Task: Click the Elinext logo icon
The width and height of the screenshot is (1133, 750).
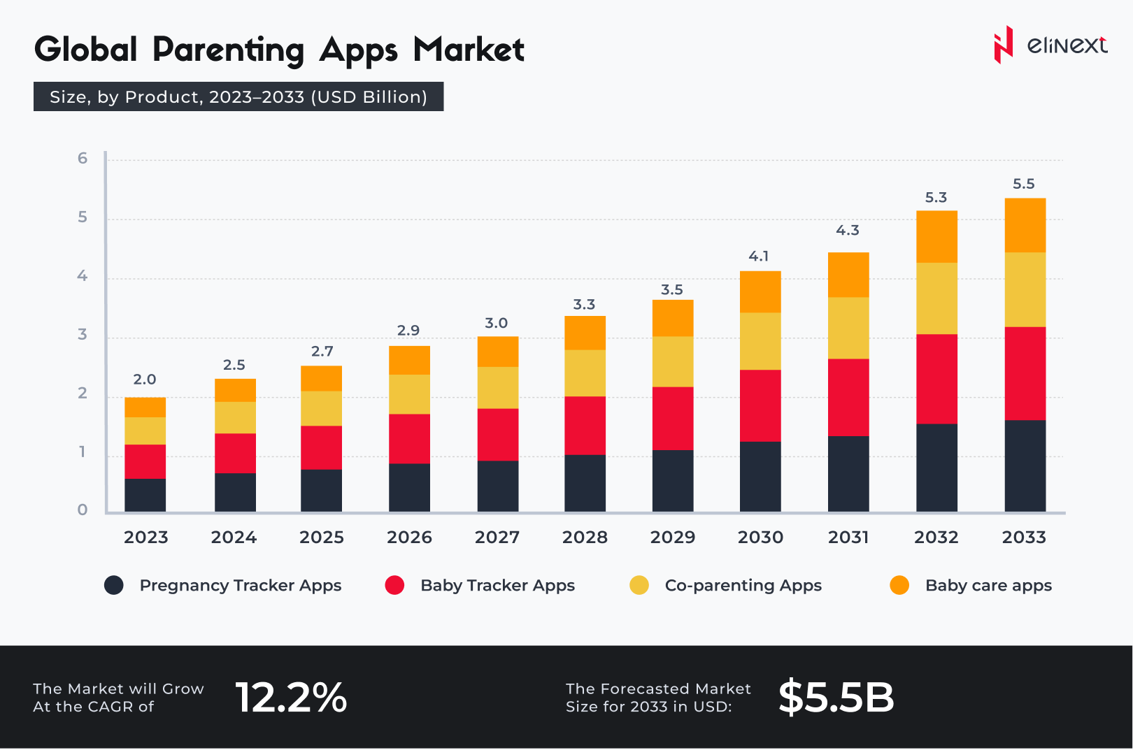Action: (1003, 45)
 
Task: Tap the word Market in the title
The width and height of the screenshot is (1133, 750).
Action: (469, 50)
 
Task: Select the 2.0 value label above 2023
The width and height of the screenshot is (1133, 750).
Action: (145, 380)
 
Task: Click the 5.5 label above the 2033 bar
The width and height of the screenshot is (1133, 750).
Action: (1023, 184)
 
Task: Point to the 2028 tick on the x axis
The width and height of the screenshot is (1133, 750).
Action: (585, 538)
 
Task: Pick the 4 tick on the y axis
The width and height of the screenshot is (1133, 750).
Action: (83, 276)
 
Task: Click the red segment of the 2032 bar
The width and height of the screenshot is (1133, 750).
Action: (936, 379)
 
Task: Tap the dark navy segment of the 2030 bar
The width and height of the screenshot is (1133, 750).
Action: (760, 477)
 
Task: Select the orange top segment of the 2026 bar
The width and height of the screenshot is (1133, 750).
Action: (409, 360)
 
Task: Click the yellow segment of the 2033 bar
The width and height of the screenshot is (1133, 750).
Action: (1025, 289)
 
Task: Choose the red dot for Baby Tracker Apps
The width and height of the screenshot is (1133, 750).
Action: (394, 586)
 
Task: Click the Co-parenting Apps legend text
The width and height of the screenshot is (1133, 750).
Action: (743, 586)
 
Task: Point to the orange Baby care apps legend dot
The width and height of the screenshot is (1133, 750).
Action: (899, 586)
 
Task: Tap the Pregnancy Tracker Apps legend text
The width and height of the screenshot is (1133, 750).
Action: (240, 586)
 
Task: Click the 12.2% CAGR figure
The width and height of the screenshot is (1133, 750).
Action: (291, 698)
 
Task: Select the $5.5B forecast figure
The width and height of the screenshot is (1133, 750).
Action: (836, 698)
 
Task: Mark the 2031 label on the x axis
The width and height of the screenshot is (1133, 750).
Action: (848, 538)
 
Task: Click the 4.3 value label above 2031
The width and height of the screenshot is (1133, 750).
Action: (848, 231)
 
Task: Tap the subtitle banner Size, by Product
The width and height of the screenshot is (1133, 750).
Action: (238, 97)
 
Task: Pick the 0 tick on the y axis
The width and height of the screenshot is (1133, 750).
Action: (83, 510)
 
